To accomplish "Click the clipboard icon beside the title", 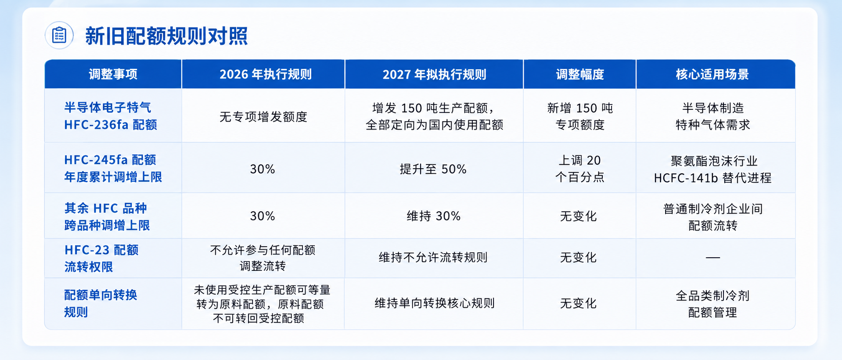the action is (59, 35).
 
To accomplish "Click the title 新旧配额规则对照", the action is (166, 36).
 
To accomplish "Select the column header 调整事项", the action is (113, 74).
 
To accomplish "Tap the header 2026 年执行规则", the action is (266, 74).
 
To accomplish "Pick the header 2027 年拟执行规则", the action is (434, 74).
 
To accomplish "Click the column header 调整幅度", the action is (580, 74).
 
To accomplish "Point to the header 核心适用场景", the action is (712, 74).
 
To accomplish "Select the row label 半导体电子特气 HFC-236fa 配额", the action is (111, 116).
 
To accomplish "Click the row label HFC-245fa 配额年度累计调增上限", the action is (113, 168).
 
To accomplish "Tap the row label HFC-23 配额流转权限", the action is (101, 258).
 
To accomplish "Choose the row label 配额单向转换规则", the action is (101, 303).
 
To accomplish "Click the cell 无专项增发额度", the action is (263, 117).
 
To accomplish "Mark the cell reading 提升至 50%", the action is (433, 169).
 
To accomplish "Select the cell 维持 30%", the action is (433, 216).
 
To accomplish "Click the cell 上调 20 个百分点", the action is (579, 169).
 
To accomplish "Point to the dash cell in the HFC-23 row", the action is (712, 258).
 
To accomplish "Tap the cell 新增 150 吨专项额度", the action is (580, 116).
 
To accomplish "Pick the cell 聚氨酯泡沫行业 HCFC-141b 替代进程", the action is (712, 169).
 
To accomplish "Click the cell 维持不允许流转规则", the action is (433, 257).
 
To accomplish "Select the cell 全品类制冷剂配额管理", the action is (712, 304).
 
